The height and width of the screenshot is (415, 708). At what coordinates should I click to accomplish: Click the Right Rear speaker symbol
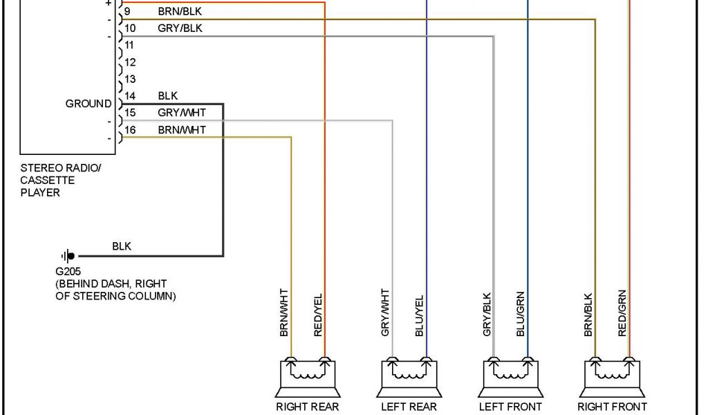pos(307,374)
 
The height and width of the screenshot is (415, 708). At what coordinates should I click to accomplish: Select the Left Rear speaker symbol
pos(409,374)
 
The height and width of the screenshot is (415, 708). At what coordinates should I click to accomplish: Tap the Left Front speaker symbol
pos(510,374)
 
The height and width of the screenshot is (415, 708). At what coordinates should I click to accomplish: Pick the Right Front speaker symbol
pos(612,374)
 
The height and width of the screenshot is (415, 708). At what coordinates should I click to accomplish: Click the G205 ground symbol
pos(68,256)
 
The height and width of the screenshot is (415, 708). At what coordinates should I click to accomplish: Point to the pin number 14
pos(130,96)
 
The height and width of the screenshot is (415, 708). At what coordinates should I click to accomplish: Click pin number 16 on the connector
pos(130,129)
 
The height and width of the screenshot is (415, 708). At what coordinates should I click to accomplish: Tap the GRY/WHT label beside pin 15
pos(181,113)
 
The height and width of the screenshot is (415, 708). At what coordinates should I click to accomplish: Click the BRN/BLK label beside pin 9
pos(180,12)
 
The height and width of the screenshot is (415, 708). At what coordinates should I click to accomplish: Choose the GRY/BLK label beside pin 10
pos(180,28)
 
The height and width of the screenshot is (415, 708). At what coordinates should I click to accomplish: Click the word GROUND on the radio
pos(88,104)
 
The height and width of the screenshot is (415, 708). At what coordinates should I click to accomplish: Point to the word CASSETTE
pos(47,180)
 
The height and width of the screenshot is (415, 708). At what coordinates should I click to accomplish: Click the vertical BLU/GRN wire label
pos(521,317)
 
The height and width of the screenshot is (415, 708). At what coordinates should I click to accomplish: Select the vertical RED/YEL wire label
pos(318,315)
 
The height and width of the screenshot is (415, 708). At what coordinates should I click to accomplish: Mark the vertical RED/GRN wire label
pos(622,313)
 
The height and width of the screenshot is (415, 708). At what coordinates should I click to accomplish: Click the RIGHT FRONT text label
pos(612,407)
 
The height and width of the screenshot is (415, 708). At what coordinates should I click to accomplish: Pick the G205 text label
pos(68,272)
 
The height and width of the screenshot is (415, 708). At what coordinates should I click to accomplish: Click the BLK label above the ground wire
pos(122,246)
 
